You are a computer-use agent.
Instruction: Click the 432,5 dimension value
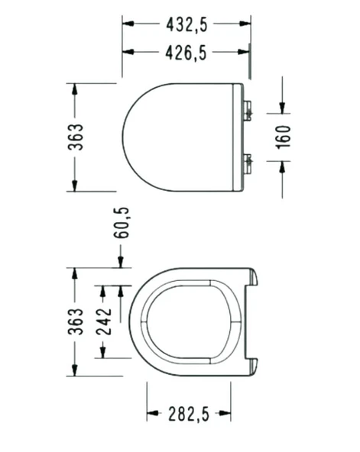[x=186, y=24]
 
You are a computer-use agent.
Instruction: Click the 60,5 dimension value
[x=121, y=223]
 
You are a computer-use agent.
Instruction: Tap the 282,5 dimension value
[x=188, y=415]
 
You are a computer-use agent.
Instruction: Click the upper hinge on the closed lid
[x=247, y=111]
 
